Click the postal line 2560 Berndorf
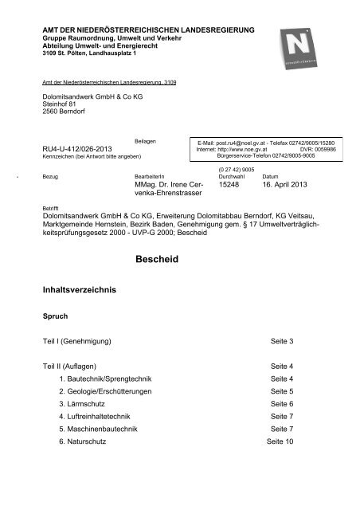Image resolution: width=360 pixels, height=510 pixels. pos(65,112)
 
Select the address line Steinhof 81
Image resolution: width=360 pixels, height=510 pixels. pos(61,104)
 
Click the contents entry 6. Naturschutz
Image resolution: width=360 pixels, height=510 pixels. pos(89,465)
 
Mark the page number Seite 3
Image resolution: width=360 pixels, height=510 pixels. pos(282,364)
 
